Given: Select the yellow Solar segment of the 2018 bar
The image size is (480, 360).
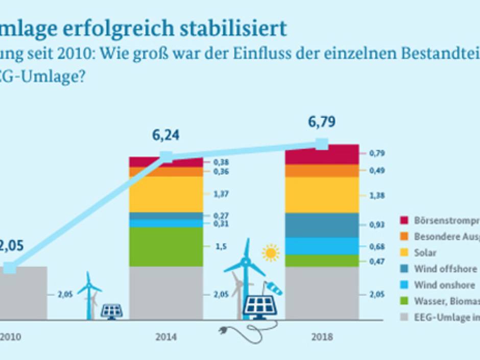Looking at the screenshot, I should click(322, 195).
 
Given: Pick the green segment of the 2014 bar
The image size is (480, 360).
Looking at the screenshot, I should click(166, 247).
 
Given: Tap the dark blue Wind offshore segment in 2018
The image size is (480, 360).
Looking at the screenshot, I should click(322, 225).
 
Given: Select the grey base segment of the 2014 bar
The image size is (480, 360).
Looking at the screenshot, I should click(166, 293).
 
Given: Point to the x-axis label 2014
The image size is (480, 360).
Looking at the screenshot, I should click(166, 337).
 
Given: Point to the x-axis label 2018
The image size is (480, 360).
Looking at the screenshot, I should click(322, 337).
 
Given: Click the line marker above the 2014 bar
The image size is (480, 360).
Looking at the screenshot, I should click(166, 157).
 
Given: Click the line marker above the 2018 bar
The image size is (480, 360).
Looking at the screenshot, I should click(322, 144).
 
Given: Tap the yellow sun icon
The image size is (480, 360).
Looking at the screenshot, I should click(271, 253).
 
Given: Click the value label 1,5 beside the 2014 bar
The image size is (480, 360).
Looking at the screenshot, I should click(221, 247).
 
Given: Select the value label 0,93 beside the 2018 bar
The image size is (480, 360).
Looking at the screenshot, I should click(377, 225).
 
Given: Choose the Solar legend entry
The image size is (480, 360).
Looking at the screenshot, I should click(425, 253).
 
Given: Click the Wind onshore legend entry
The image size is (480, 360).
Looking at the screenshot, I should click(444, 285).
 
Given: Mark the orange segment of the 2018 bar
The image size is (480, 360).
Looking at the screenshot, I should click(322, 171).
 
